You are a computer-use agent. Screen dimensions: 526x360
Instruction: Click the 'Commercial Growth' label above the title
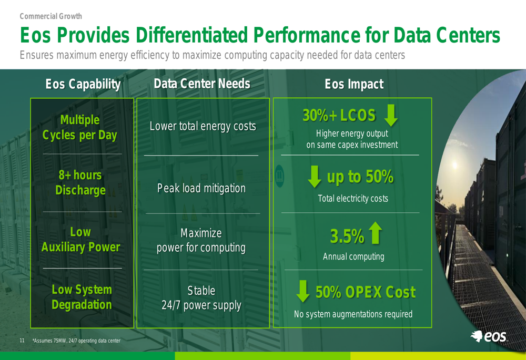tap(50, 16)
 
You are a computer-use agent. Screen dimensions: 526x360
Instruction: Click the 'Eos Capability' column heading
tap(83, 84)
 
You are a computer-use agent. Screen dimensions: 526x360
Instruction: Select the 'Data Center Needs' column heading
tap(202, 84)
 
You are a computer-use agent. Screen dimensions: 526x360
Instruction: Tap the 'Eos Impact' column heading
tap(354, 84)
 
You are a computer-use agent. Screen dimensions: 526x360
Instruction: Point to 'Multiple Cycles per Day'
tap(80, 128)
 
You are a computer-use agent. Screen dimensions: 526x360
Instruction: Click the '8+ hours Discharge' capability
tap(80, 182)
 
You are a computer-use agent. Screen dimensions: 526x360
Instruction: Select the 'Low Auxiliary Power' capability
tap(80, 239)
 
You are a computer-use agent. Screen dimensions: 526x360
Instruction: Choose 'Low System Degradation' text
tap(82, 297)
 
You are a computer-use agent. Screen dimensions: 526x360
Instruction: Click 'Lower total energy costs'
tap(203, 126)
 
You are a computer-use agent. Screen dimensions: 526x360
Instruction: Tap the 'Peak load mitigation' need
tap(201, 188)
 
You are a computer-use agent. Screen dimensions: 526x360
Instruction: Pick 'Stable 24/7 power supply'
tap(201, 298)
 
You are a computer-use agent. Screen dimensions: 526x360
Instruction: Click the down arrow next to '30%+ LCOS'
tap(391, 115)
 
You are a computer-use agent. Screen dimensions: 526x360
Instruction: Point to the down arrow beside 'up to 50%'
tap(315, 176)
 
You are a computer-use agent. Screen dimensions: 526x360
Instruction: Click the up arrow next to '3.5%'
tap(376, 233)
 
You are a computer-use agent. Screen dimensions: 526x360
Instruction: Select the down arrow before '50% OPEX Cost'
tap(303, 291)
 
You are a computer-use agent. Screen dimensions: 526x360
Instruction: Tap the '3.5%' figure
tap(347, 236)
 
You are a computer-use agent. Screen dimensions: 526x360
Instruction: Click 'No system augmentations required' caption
tap(353, 314)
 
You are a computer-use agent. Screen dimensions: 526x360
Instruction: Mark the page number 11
tap(22, 341)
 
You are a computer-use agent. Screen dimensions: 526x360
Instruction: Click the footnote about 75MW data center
tap(76, 341)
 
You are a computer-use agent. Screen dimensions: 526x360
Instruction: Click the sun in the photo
tap(455, 165)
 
